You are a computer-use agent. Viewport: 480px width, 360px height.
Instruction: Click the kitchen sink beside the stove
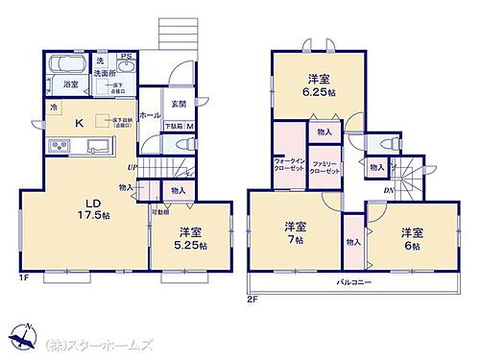98,146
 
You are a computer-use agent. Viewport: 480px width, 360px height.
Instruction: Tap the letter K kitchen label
81,120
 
